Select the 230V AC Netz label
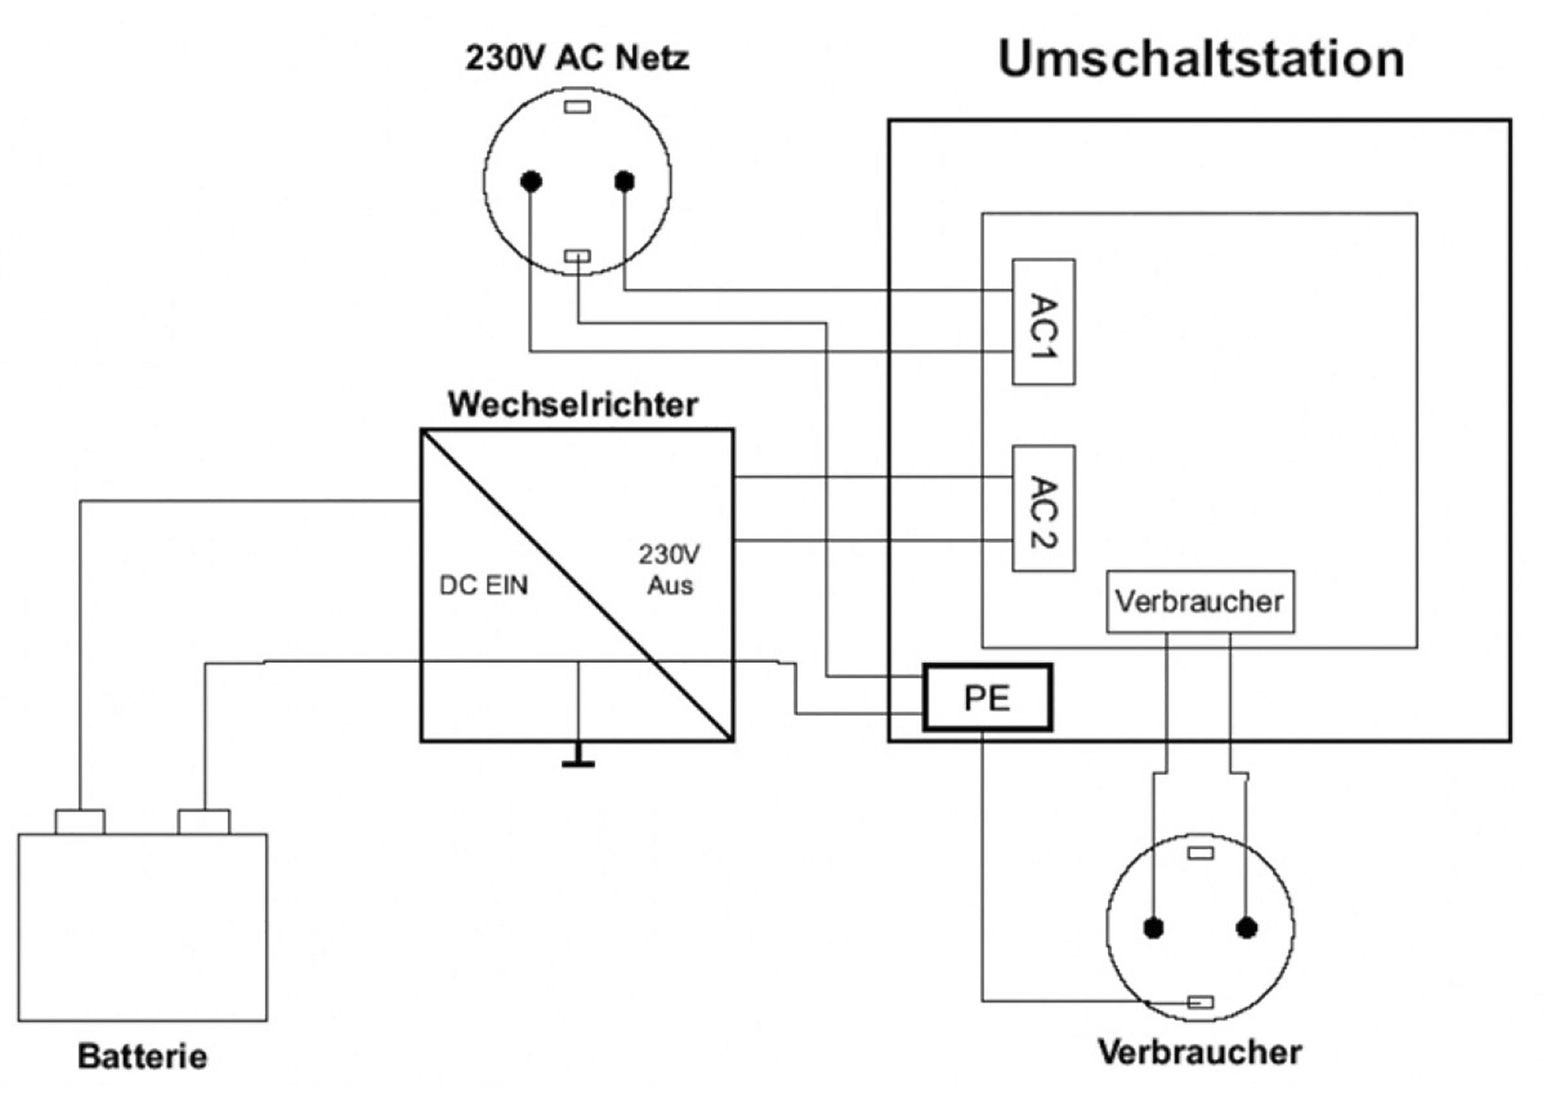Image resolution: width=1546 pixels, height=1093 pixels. tap(577, 58)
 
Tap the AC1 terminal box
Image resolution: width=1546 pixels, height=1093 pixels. tap(1043, 322)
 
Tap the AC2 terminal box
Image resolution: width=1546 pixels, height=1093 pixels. tap(1043, 509)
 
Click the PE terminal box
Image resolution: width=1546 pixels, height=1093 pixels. tap(987, 698)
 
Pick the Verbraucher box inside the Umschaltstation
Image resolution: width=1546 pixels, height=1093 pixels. tap(1200, 601)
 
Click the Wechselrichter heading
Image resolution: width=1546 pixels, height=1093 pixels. tap(572, 404)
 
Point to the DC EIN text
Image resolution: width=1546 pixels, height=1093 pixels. tap(484, 585)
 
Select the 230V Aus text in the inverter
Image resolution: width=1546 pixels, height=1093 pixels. tap(670, 569)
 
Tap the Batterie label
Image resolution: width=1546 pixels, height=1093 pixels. tap(142, 1055)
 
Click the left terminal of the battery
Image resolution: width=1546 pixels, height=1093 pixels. tap(79, 822)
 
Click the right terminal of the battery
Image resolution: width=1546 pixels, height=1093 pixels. tap(204, 822)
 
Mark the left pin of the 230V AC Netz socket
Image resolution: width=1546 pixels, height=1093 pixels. tap(531, 181)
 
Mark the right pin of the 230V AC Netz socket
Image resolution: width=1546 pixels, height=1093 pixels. tap(624, 181)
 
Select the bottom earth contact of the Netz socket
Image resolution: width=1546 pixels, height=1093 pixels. tap(577, 256)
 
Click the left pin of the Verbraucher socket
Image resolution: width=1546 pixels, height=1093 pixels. tap(1153, 928)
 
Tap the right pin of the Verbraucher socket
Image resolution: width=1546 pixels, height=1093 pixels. tap(1246, 928)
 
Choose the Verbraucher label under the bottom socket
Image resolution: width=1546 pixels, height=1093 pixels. tap(1200, 1052)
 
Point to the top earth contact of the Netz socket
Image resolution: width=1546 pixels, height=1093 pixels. tap(577, 107)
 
